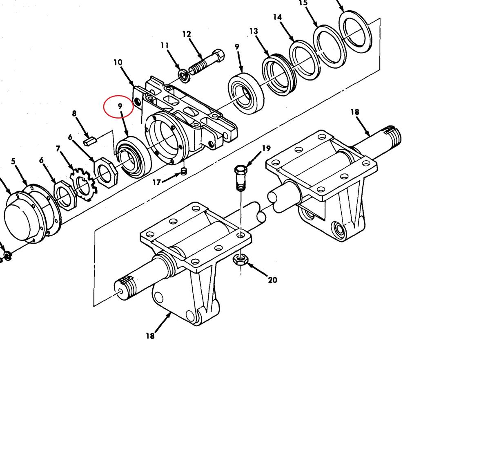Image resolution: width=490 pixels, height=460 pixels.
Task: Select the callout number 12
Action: (187, 34)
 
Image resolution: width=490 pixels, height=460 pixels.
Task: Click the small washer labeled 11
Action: (184, 74)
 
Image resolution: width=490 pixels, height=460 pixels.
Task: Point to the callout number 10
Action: (118, 63)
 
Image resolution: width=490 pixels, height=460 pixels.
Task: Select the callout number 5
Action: (13, 161)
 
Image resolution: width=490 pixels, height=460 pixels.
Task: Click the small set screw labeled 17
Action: (184, 172)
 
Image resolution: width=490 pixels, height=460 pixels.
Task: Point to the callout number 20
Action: (272, 280)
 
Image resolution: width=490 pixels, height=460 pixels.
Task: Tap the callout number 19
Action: (266, 148)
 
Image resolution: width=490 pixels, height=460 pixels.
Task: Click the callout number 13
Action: (253, 31)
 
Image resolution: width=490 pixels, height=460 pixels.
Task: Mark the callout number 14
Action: (278, 17)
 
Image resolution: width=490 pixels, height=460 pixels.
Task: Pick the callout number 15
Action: (303, 3)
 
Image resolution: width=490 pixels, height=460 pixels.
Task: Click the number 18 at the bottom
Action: (150, 336)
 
